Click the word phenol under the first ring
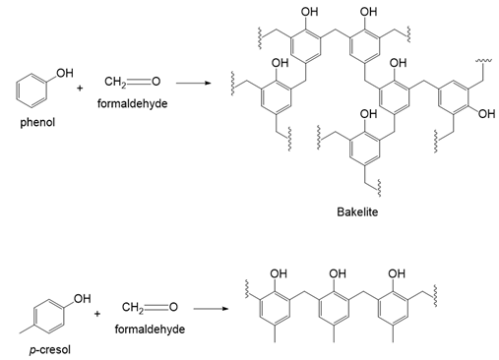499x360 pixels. [37, 123]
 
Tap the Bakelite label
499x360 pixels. [357, 211]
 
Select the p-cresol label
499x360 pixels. [50, 350]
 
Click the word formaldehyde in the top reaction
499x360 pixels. [132, 103]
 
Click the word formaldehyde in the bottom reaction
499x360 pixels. [150, 330]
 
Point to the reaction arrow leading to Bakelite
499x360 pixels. [193, 83]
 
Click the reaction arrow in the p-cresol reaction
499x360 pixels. [211, 309]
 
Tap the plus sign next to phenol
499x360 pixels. [80, 88]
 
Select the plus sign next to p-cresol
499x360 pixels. [97, 314]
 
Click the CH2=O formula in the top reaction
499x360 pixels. [132, 82]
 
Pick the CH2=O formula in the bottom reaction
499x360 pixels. [150, 307]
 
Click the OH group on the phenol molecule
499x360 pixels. [65, 73]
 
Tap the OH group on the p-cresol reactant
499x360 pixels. [82, 299]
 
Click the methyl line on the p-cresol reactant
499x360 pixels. [27, 330]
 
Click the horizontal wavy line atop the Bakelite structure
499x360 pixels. [483, 60]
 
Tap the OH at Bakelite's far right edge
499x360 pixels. [486, 114]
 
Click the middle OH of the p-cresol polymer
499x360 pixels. [338, 273]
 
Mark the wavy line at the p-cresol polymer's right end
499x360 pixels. [435, 296]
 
